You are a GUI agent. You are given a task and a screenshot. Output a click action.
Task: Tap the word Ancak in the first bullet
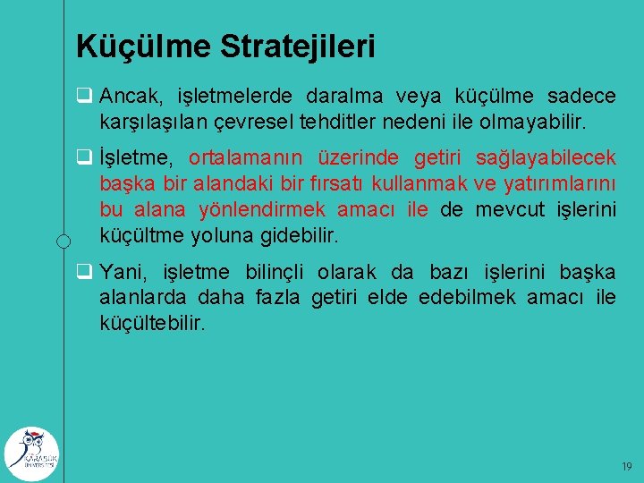[124, 96]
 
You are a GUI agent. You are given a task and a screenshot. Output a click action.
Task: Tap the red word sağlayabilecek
[546, 158]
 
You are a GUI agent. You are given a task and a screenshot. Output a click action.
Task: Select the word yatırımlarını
[560, 184]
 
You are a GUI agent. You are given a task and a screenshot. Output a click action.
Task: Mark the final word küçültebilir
[152, 322]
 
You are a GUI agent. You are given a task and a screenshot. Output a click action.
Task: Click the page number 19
[626, 467]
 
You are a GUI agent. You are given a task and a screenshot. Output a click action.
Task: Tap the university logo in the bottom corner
[31, 452]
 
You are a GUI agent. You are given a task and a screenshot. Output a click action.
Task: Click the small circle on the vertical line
[64, 241]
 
